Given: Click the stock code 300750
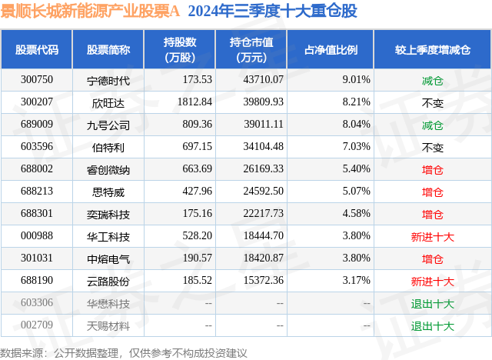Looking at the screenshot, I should pyautogui.click(x=37, y=79).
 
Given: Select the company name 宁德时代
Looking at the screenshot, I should pyautogui.click(x=108, y=79).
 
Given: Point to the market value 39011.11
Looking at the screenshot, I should pyautogui.click(x=262, y=124).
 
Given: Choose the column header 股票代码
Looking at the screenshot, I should pyautogui.click(x=37, y=50).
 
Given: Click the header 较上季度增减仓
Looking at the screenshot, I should pyautogui.click(x=433, y=50).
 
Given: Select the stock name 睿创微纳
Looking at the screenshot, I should pyautogui.click(x=108, y=168).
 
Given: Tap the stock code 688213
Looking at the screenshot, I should pyautogui.click(x=37, y=191).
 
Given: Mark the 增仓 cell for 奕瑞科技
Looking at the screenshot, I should pyautogui.click(x=433, y=214).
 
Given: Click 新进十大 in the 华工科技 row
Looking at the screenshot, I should pyautogui.click(x=433, y=236).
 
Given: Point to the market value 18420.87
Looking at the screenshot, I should pyautogui.click(x=262, y=258).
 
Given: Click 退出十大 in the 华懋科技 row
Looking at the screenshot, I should pyautogui.click(x=433, y=303).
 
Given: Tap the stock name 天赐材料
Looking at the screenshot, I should pyautogui.click(x=108, y=325).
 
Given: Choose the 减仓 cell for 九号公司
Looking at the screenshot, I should pyautogui.click(x=433, y=124).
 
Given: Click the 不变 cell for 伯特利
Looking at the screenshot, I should pyautogui.click(x=433, y=146).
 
